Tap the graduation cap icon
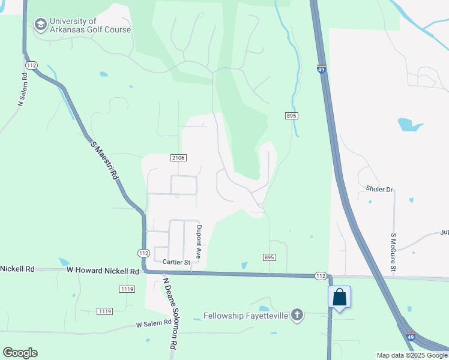click(40, 25)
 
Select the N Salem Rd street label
click(22, 90)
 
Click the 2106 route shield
click(178, 158)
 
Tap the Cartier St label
click(176, 262)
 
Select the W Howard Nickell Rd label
click(103, 271)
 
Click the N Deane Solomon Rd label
click(171, 313)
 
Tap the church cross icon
click(297, 315)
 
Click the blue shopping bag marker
click(339, 297)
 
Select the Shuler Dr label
click(379, 190)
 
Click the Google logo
click(20, 353)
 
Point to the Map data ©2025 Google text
click(412, 355)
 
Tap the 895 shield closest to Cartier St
click(269, 257)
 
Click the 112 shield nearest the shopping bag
click(321, 275)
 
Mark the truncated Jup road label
click(444, 232)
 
